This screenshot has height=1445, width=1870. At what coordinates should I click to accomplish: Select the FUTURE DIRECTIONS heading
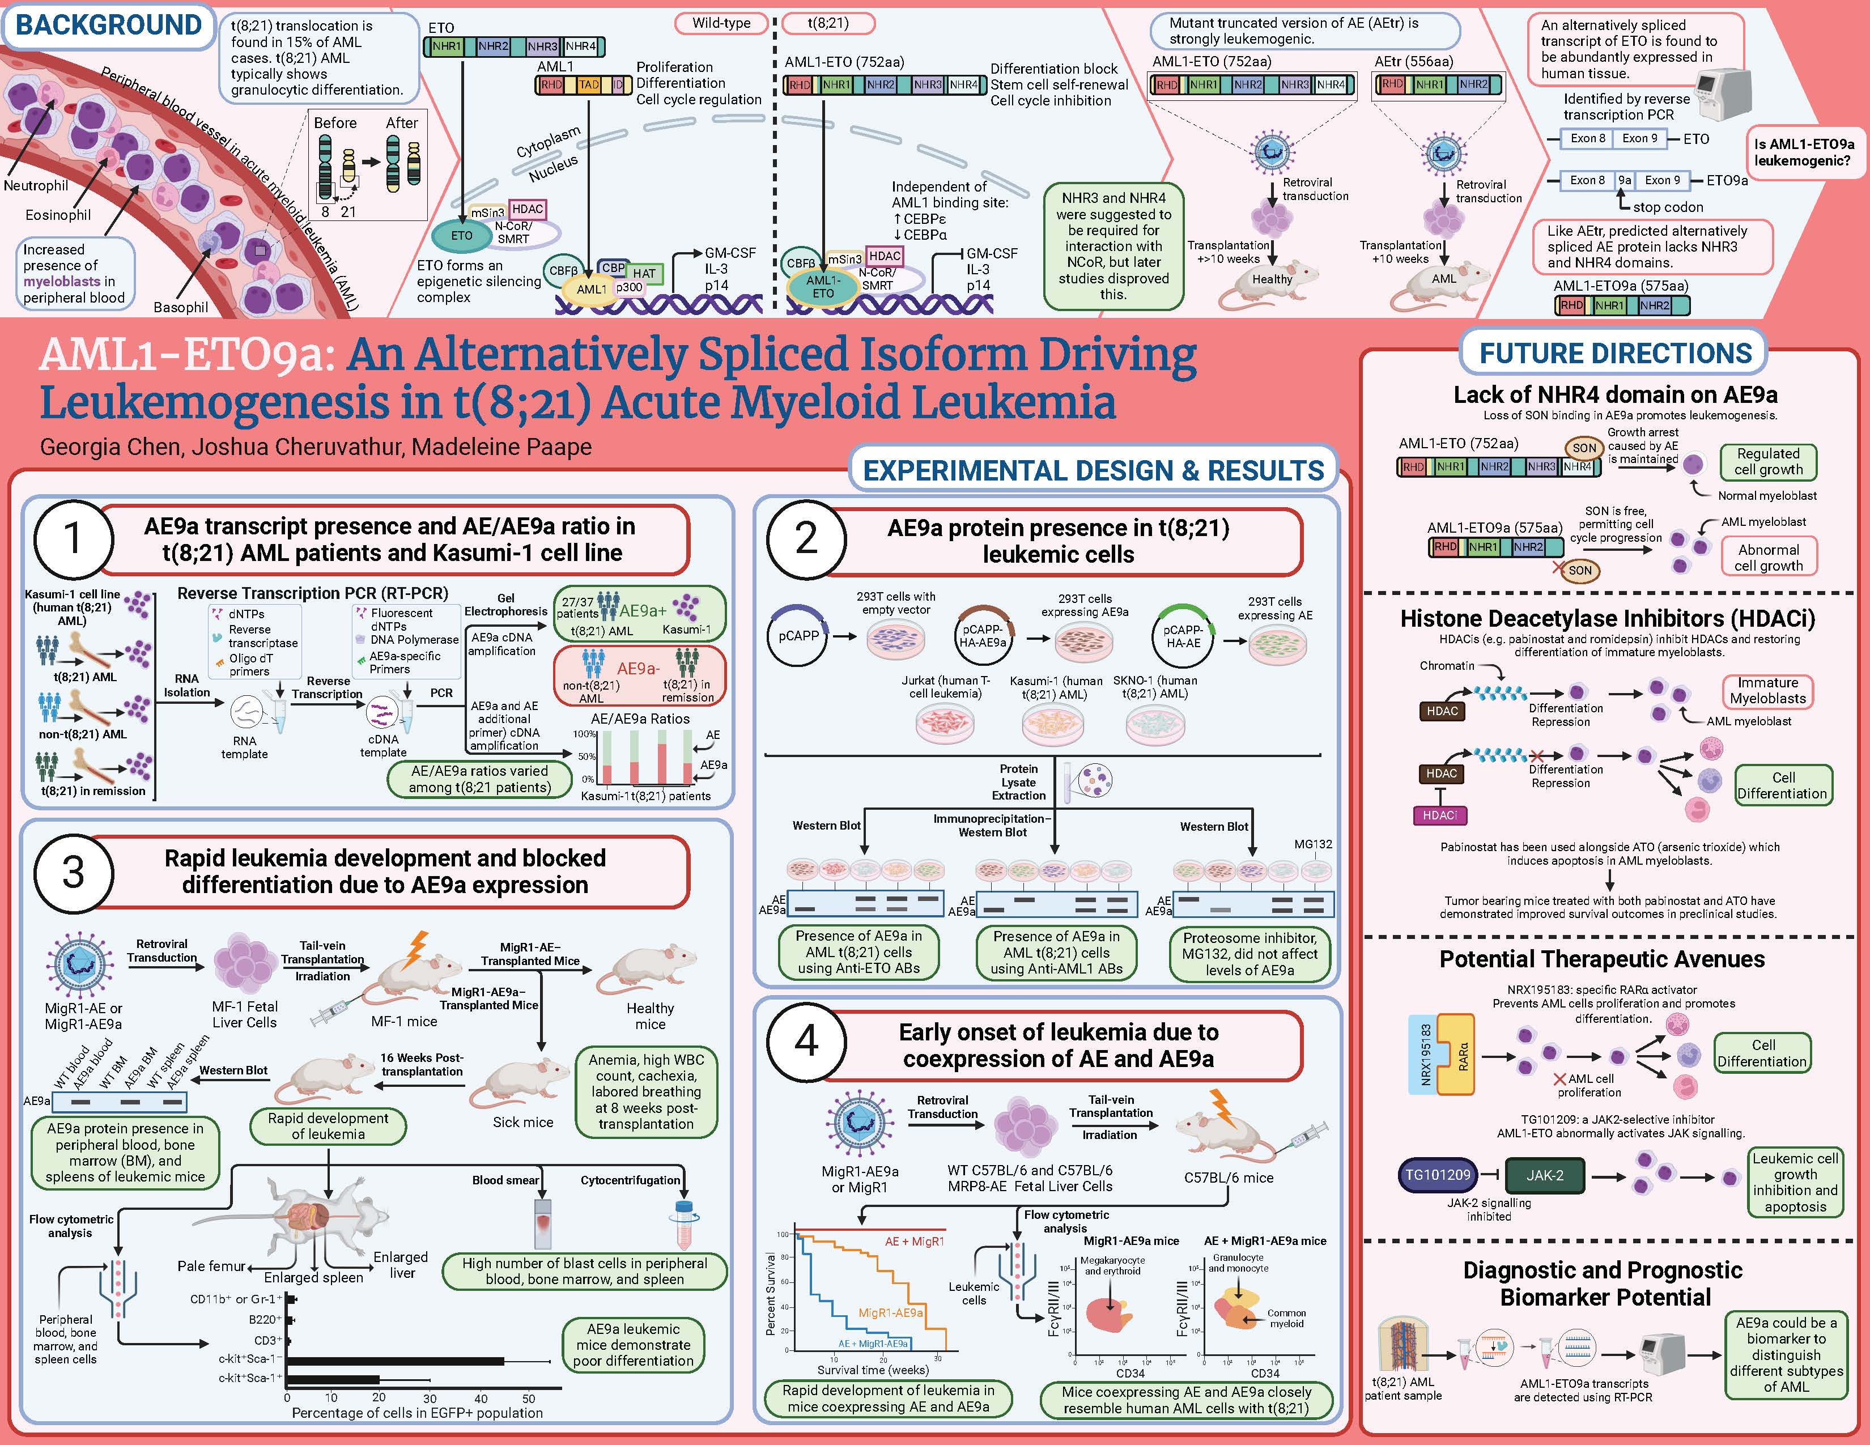pyautogui.click(x=1615, y=354)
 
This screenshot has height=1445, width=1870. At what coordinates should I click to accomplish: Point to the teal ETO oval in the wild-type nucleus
pyautogui.click(x=461, y=235)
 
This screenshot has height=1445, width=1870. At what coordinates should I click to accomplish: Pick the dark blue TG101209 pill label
pyautogui.click(x=1438, y=1175)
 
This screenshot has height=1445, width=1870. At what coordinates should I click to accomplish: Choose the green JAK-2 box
pyautogui.click(x=1545, y=1175)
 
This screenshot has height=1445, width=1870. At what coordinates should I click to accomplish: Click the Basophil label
pyautogui.click(x=181, y=307)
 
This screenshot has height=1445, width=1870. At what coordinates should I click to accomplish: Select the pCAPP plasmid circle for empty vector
pyautogui.click(x=797, y=635)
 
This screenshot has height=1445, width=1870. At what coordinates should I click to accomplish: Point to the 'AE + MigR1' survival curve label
pyautogui.click(x=915, y=1241)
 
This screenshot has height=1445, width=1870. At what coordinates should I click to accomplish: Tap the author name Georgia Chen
pyautogui.click(x=110, y=447)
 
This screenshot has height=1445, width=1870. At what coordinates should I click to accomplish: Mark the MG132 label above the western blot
pyautogui.click(x=1312, y=844)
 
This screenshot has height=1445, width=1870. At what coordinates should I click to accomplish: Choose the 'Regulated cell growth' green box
pyautogui.click(x=1768, y=461)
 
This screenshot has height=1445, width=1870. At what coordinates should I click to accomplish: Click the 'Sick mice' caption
pyautogui.click(x=522, y=1122)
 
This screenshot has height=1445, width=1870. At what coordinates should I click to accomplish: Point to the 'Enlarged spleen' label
pyautogui.click(x=313, y=1277)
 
